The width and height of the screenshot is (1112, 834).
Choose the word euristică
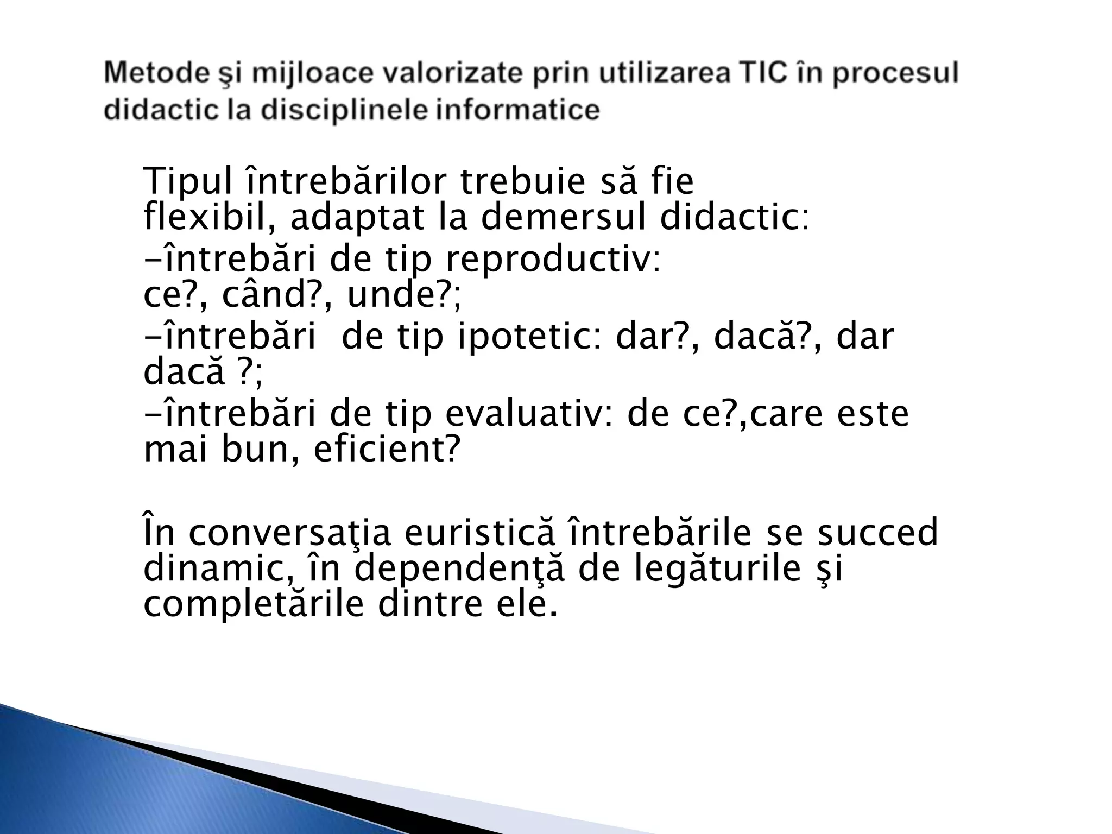[480, 533]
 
